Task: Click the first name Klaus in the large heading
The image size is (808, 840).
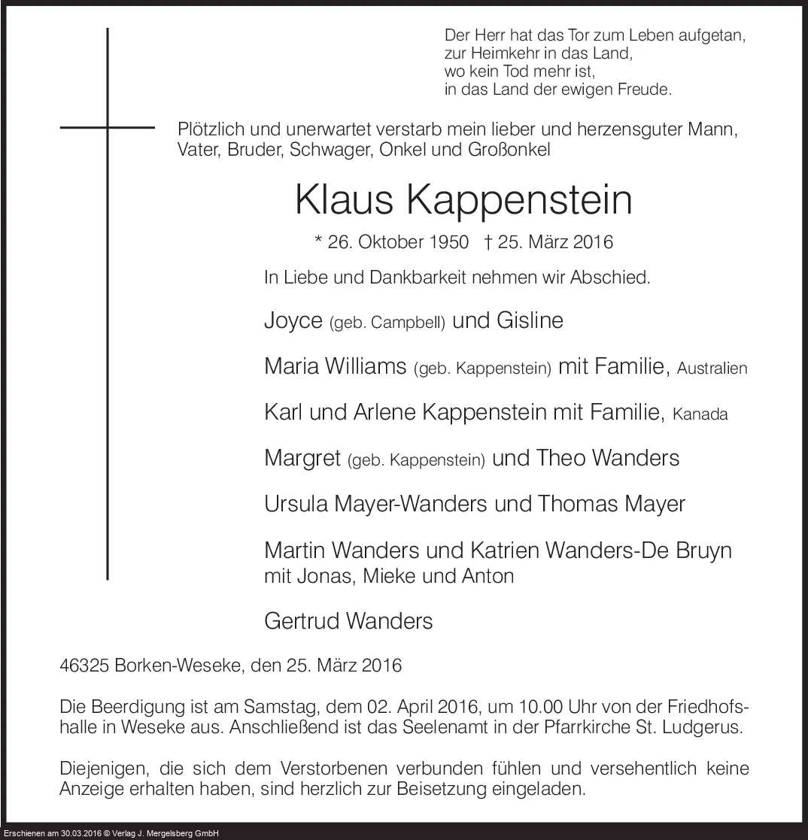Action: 343,199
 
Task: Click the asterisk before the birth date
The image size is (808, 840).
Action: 319,241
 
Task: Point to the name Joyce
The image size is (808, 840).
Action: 293,321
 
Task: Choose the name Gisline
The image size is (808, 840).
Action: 530,320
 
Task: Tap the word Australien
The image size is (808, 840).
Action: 712,368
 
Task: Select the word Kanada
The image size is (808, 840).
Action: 700,414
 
